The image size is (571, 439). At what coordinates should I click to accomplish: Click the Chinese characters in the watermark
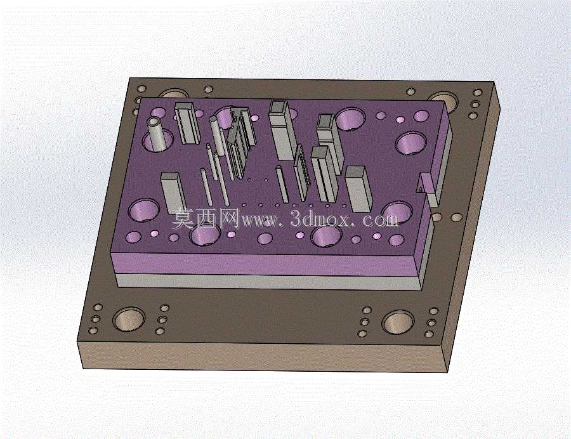[x=206, y=218]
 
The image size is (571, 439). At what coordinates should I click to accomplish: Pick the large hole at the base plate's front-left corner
[x=128, y=319]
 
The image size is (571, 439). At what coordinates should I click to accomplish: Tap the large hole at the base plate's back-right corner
[x=443, y=101]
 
